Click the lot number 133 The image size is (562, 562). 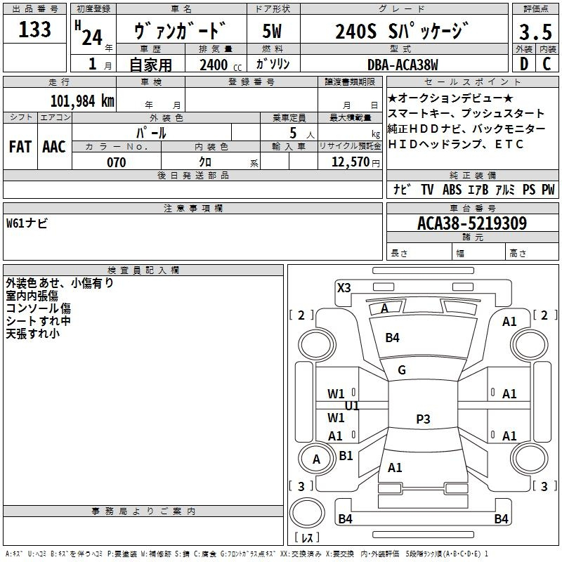[35, 30]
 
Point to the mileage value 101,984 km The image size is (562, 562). [82, 100]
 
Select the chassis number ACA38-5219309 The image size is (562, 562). [472, 224]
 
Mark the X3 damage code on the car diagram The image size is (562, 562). [344, 287]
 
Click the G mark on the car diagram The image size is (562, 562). [402, 370]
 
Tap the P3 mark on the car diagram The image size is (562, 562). [423, 419]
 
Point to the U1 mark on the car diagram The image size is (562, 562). [352, 406]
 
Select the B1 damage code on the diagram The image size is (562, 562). [346, 456]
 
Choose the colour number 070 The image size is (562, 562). [116, 162]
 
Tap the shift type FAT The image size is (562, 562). [20, 147]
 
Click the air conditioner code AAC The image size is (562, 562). [54, 147]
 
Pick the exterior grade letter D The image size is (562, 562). [523, 65]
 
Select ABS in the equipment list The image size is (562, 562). [452, 190]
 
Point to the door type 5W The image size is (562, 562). [272, 31]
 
